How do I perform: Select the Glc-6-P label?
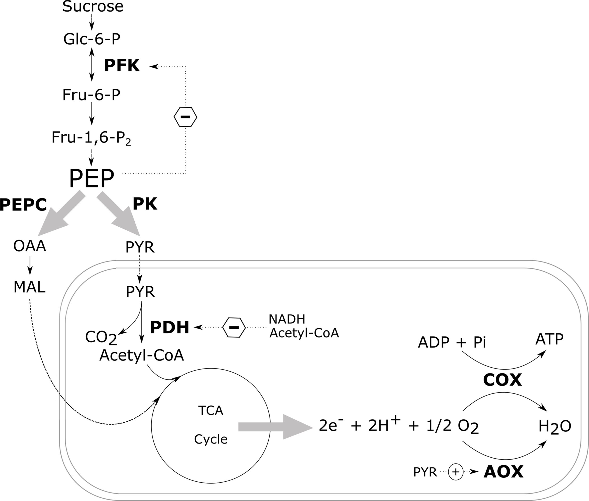click(92, 39)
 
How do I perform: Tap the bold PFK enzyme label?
click(122, 66)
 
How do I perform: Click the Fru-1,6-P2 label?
click(91, 138)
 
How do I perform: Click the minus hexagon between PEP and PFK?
click(185, 117)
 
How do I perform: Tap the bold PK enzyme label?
click(145, 204)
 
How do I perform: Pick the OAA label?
click(29, 246)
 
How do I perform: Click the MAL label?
click(29, 287)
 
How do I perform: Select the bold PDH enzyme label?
click(169, 327)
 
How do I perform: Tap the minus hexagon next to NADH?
click(234, 327)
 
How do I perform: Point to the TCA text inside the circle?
click(210, 410)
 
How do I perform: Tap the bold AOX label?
click(503, 472)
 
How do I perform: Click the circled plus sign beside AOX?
click(456, 472)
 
